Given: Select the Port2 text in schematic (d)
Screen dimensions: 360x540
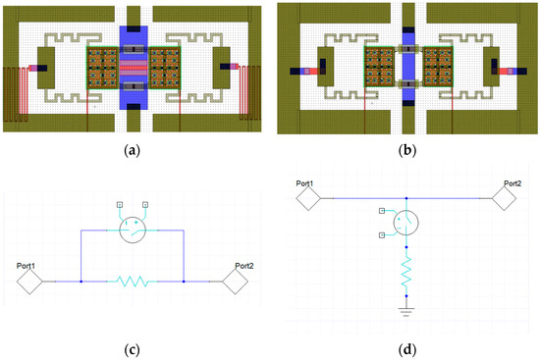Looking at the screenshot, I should click(x=512, y=183).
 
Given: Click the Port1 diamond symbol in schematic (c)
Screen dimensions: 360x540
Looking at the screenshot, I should click(x=27, y=282).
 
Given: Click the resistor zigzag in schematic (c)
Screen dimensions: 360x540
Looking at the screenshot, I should click(x=133, y=282).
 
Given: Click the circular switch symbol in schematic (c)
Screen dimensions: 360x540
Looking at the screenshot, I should click(x=133, y=231).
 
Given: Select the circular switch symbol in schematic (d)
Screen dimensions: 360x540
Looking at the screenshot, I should click(x=407, y=226).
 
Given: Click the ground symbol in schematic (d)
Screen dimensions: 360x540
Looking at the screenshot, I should click(x=407, y=311).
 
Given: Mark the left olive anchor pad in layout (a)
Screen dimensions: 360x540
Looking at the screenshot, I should click(x=50, y=69).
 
